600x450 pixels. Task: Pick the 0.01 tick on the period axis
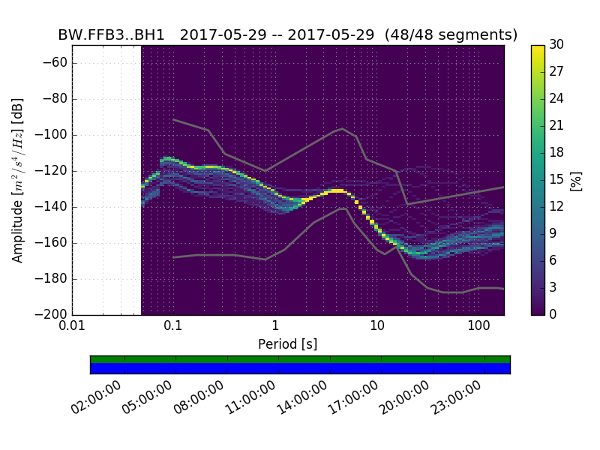72,327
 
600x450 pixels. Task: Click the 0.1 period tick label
173,327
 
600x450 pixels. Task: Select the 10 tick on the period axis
377,327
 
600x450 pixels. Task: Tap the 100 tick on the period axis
478,327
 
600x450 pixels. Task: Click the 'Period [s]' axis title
287,344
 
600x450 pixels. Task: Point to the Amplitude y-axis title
17,180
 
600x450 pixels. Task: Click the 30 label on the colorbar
557,45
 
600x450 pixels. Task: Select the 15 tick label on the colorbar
557,180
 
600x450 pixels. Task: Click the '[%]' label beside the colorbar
576,180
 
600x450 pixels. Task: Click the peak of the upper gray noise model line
342,128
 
